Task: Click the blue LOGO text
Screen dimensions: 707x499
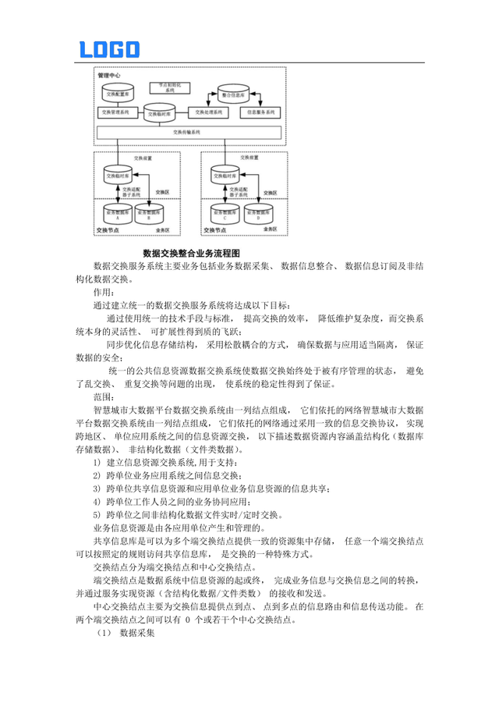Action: [x=110, y=51]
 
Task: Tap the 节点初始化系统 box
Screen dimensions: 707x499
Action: [x=165, y=87]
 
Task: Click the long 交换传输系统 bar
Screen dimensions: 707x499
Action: [x=188, y=133]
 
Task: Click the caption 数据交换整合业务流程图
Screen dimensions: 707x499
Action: [x=192, y=254]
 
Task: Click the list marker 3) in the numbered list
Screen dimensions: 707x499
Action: [x=97, y=488]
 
